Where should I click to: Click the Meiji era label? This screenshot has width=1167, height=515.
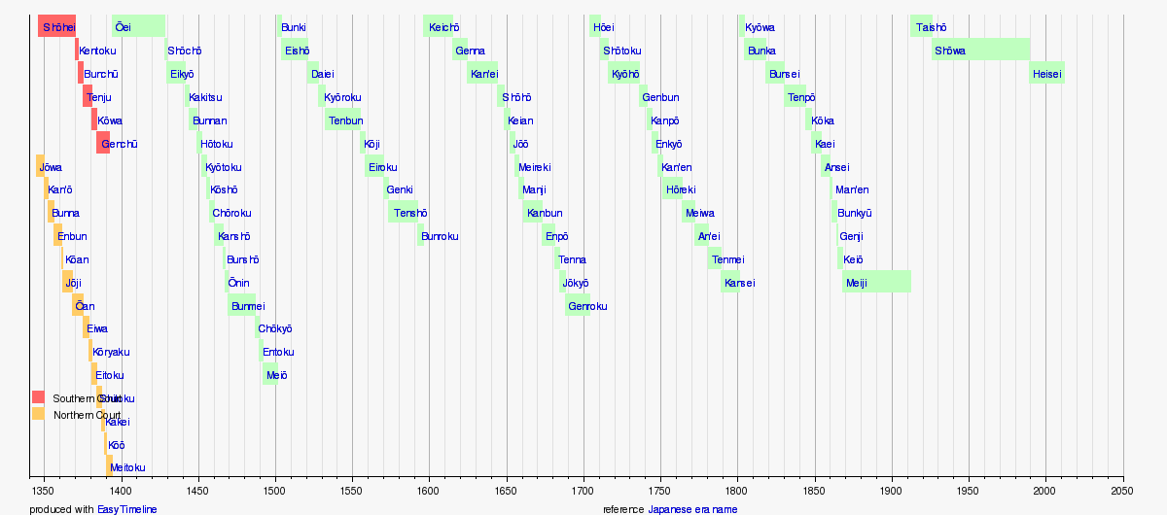[857, 283]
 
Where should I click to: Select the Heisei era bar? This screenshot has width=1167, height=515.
[1047, 74]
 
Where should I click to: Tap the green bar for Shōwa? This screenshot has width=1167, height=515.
[980, 50]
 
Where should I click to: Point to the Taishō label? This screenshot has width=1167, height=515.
[930, 27]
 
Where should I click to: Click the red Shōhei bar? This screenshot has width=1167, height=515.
[56, 27]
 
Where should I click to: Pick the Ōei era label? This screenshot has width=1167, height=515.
[123, 27]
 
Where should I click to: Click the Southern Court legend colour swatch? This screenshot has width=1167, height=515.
[38, 397]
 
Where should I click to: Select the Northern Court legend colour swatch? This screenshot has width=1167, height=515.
[38, 414]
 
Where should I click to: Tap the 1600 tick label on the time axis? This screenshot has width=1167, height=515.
[429, 492]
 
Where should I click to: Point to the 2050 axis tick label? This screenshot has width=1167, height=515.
[1123, 492]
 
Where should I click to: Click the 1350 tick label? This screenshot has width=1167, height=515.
[41, 492]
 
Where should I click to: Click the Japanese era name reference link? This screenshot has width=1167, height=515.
[692, 509]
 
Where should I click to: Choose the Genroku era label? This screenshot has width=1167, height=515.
[587, 306]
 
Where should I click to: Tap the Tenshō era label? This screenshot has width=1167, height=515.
[410, 213]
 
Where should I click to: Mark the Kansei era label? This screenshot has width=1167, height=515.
[740, 283]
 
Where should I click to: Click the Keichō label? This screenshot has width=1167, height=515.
[442, 27]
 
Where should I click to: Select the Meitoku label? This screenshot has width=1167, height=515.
[127, 467]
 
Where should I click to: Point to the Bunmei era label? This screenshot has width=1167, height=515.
[247, 306]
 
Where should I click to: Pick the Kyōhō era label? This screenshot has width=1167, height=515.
[625, 74]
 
